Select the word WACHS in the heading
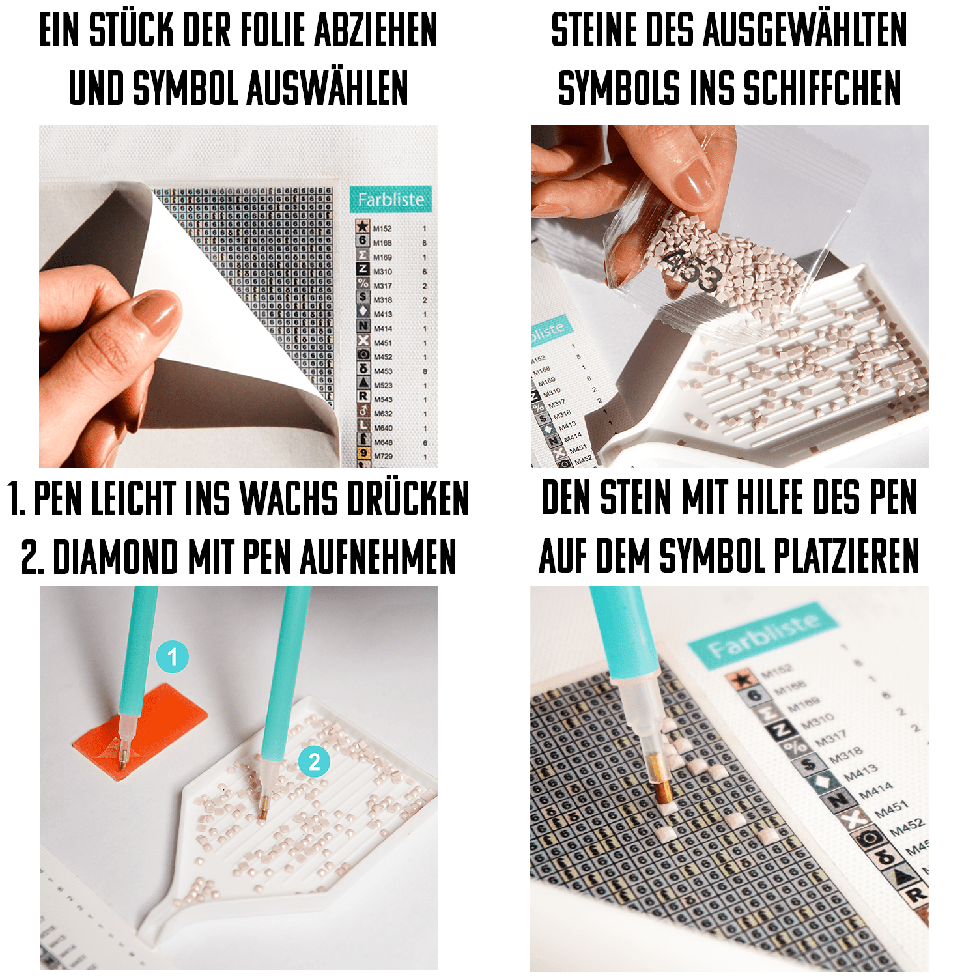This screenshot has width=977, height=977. point(289,499)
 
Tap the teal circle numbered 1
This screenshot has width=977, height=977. point(172,657)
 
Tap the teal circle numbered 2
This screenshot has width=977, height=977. point(314,761)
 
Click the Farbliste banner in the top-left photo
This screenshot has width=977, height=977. point(390,199)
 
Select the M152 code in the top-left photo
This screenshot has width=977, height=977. point(382,229)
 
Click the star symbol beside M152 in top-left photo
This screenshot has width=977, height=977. point(363,227)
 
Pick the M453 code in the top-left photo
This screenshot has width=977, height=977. point(383,371)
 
